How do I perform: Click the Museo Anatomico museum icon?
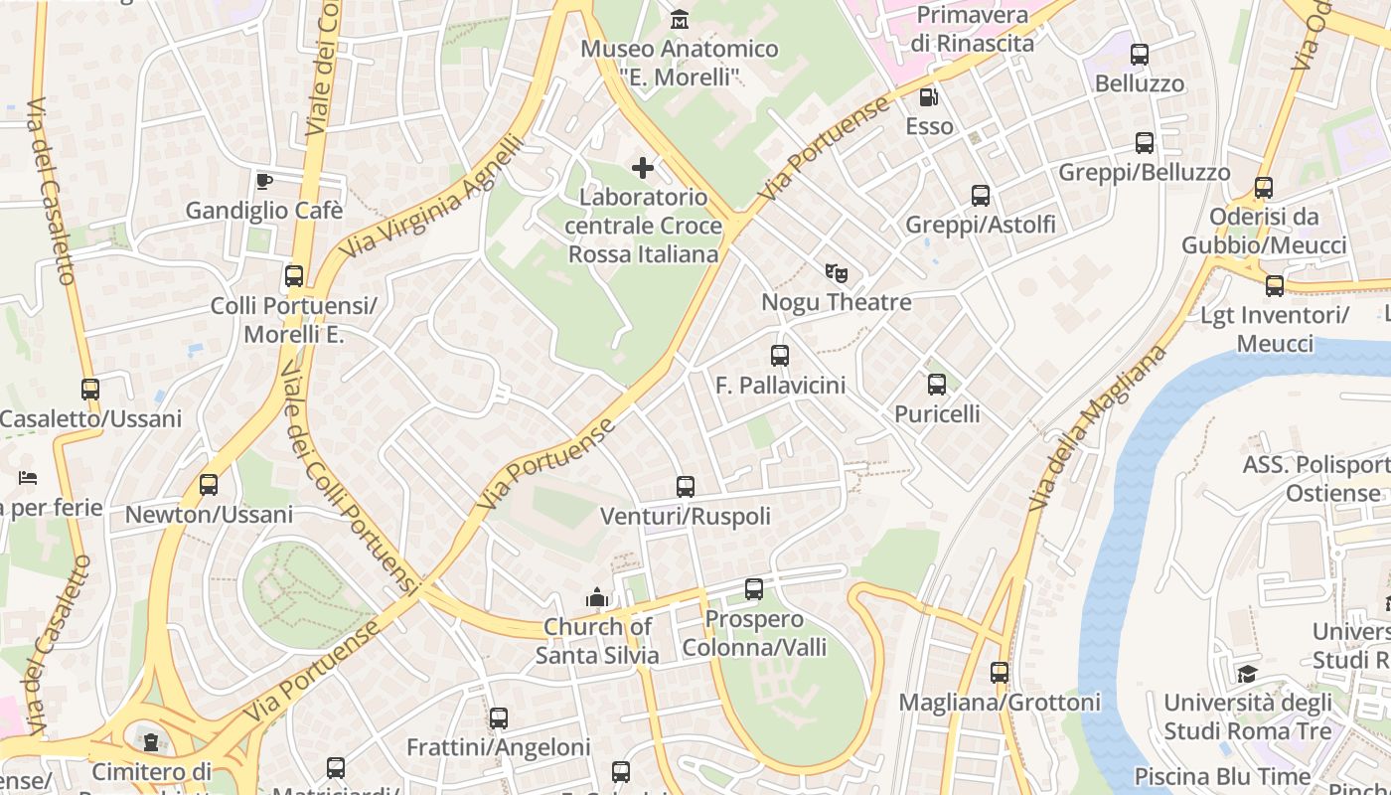pos(680,19)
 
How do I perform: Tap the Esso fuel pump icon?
pos(929,97)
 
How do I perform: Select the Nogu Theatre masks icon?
pos(837,272)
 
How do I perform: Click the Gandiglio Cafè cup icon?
pos(263,181)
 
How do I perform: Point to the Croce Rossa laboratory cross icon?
pos(643,168)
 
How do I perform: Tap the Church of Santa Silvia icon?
pos(597,597)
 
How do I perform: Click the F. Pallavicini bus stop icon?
pos(780,356)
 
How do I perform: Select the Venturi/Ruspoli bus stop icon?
pos(686,487)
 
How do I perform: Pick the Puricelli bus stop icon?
pos(937,385)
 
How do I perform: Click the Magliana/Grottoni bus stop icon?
pos(1000,673)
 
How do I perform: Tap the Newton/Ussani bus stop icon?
pos(209,485)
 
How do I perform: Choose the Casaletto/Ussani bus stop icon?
pos(90,390)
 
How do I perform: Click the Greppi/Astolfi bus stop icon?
pos(981,196)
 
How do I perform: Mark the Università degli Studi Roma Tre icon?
pos(1247,675)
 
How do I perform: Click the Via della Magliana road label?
pos(1097,428)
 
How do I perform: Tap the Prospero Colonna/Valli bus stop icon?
pos(754,589)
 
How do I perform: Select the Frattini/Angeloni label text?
pos(499,747)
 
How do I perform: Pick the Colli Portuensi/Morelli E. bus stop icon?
pos(294,276)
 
